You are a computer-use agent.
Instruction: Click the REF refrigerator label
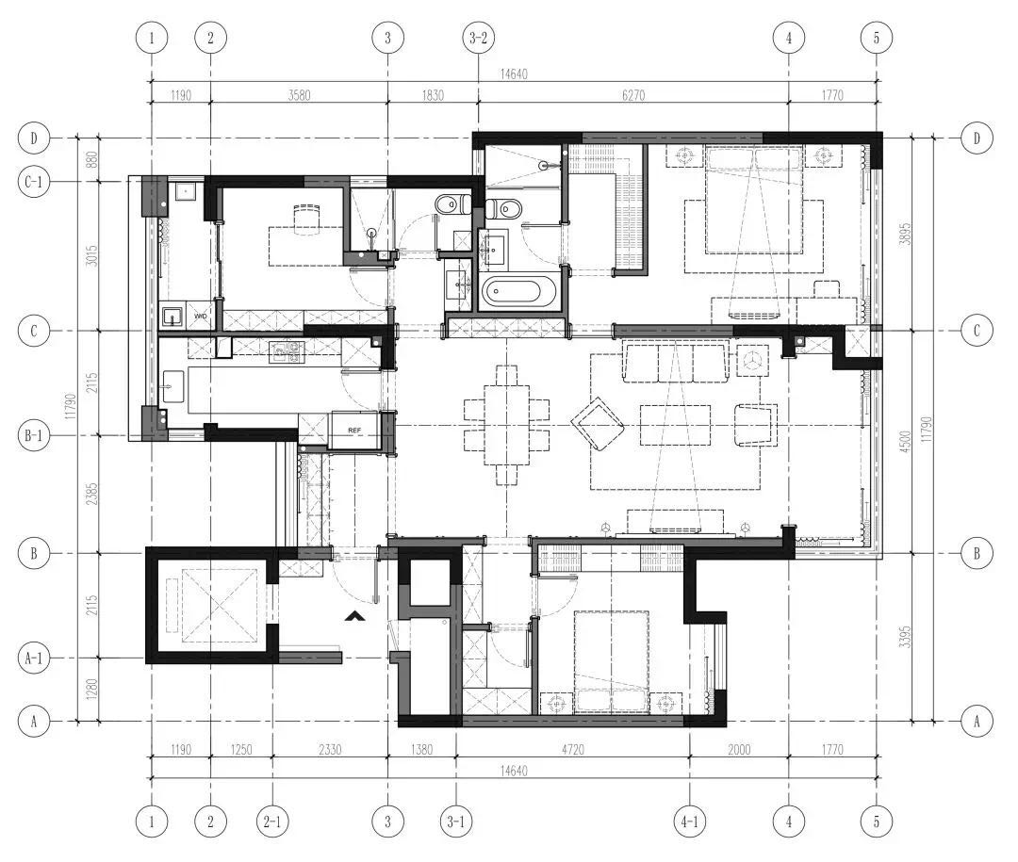(354, 431)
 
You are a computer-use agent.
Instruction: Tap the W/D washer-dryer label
(200, 317)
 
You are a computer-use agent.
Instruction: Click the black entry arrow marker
(354, 617)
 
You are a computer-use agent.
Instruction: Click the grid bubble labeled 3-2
(478, 38)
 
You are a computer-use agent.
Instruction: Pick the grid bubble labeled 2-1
(272, 821)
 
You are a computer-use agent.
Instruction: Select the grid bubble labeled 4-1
(689, 821)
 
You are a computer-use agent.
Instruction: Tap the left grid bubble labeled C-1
(33, 182)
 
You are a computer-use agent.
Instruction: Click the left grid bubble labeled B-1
(33, 435)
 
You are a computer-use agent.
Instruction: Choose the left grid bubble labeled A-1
(33, 659)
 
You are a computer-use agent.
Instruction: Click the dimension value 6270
(633, 95)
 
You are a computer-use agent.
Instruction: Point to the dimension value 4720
(573, 750)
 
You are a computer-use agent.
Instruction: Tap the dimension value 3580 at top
(299, 95)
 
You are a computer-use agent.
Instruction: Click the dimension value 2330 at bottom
(330, 750)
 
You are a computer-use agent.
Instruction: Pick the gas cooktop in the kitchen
(287, 351)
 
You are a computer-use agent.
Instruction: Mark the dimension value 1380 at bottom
(421, 750)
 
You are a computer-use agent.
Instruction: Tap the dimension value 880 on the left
(91, 159)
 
